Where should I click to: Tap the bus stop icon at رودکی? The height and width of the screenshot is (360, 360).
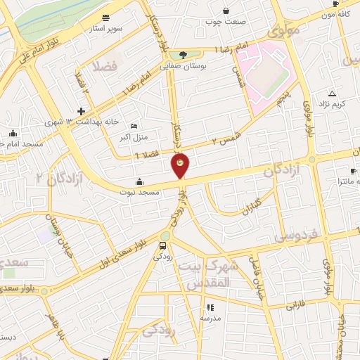pyautogui.click(x=163, y=246)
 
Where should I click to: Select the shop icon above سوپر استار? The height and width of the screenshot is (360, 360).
pyautogui.click(x=105, y=18)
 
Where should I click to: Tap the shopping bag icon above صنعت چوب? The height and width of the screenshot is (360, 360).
pyautogui.click(x=226, y=11)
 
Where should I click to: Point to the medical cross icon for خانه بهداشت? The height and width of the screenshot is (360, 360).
pyautogui.click(x=82, y=111)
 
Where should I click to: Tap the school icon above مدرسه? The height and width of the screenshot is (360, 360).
pyautogui.click(x=210, y=307)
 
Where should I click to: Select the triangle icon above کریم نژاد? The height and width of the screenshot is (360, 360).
pyautogui.click(x=332, y=93)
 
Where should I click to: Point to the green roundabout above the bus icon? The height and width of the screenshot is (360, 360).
pyautogui.click(x=165, y=236)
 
